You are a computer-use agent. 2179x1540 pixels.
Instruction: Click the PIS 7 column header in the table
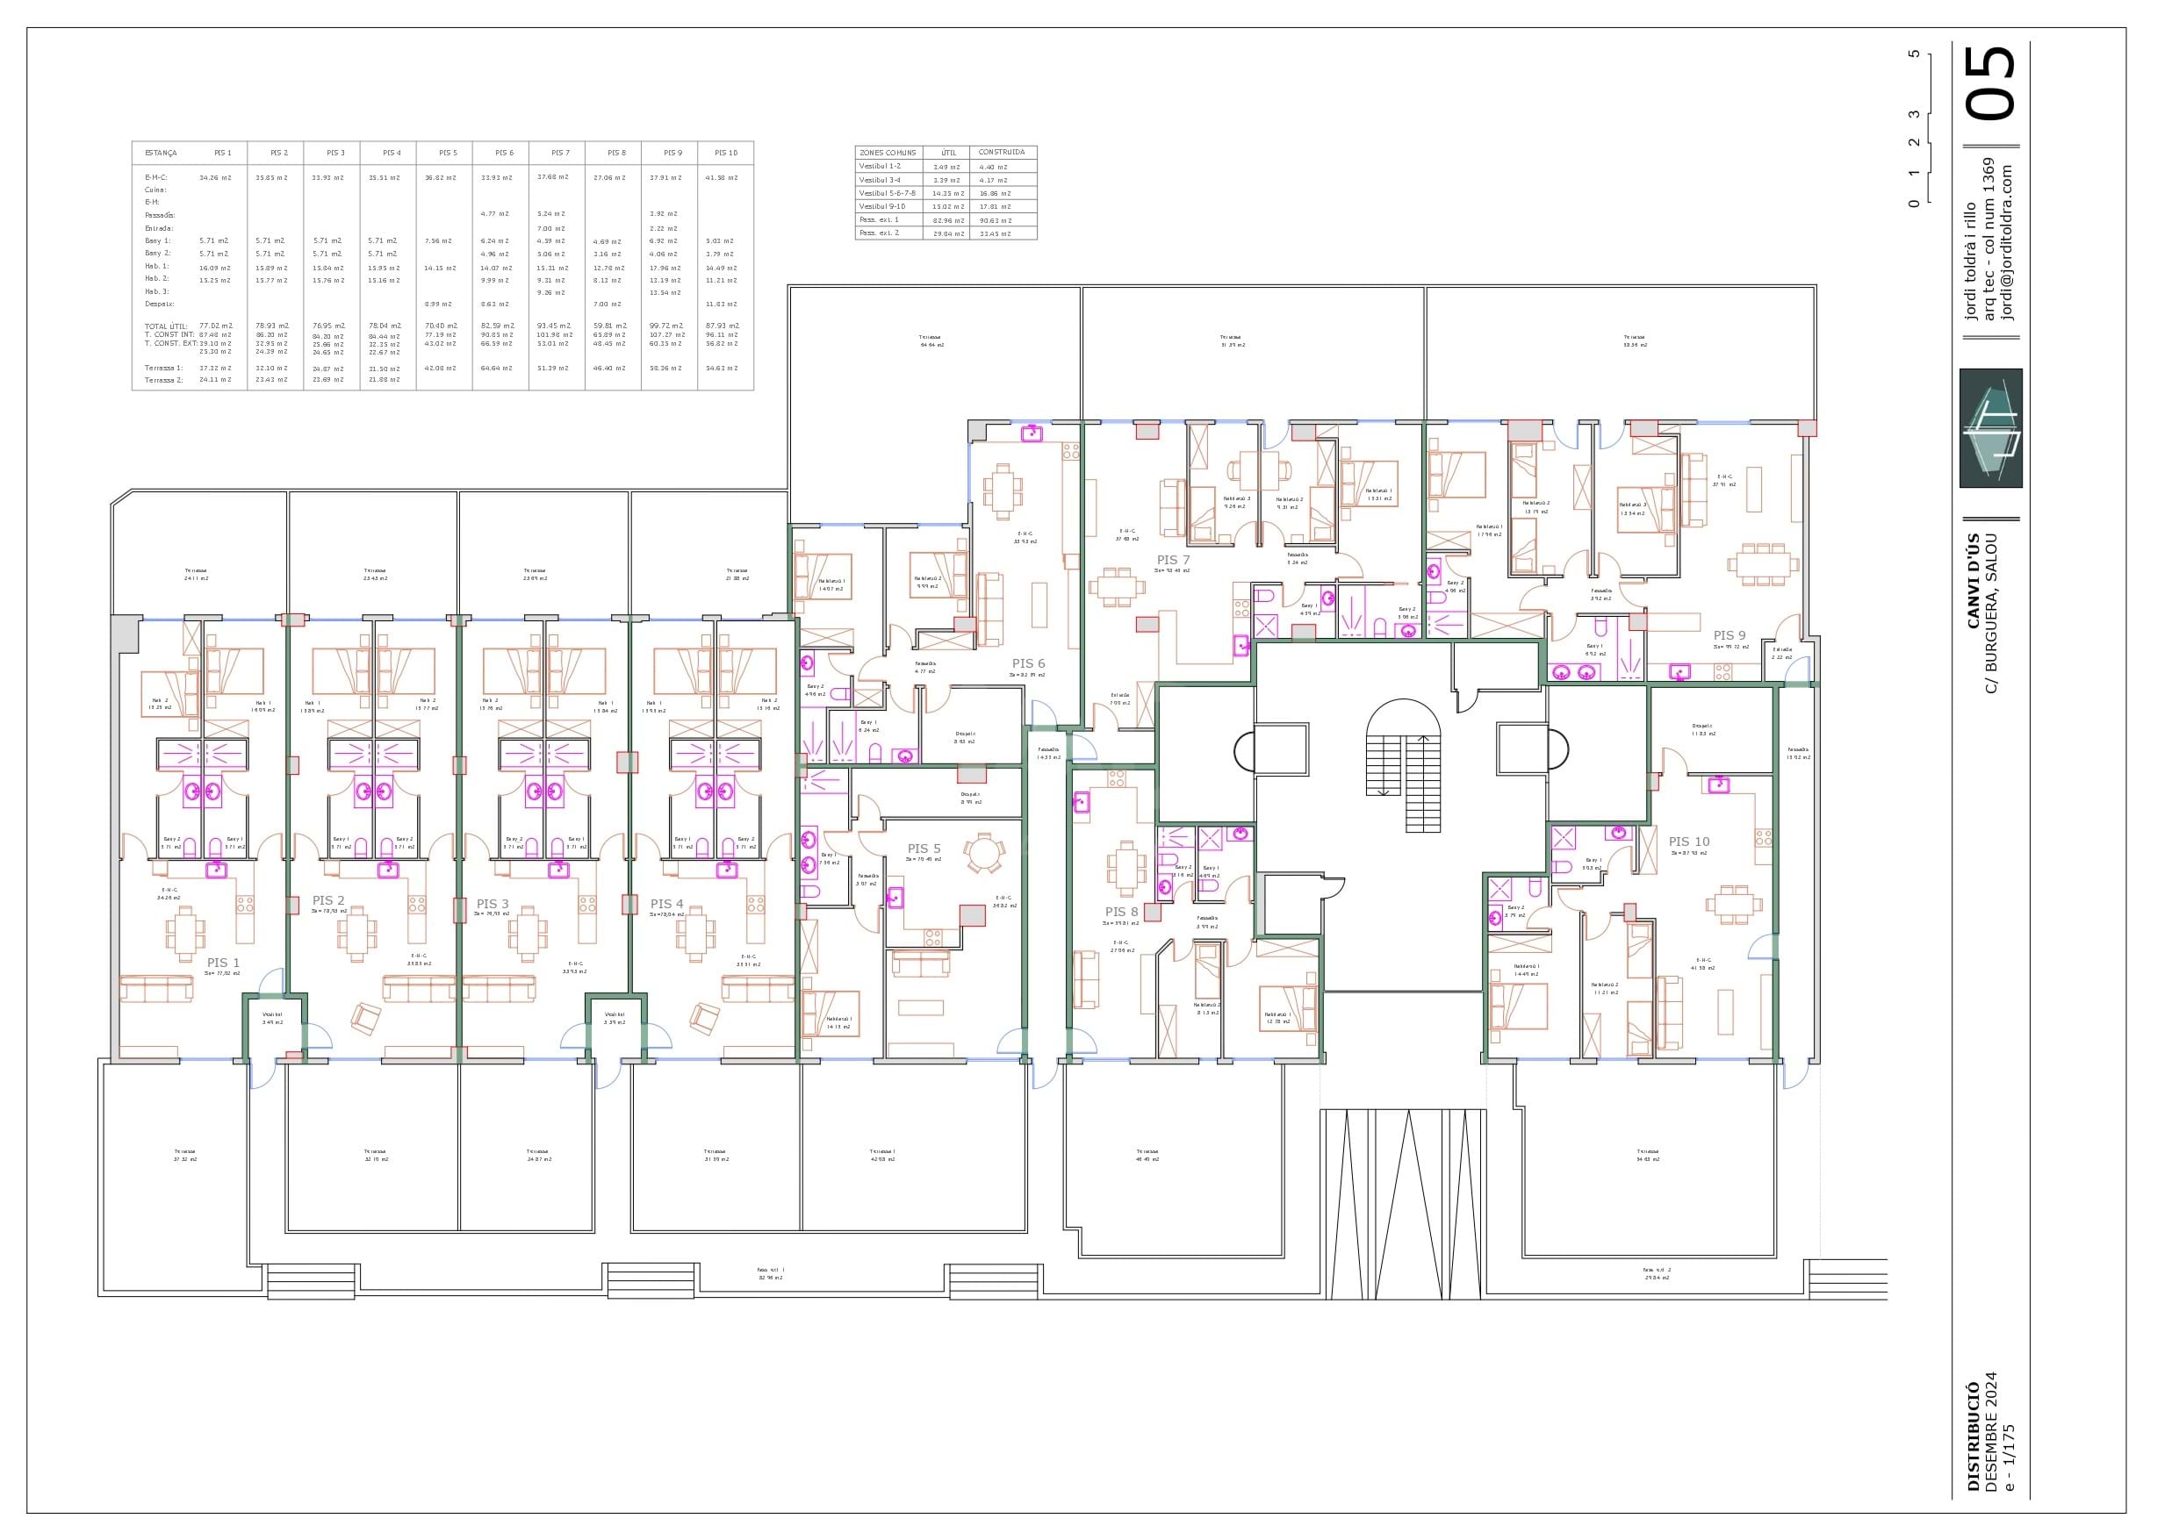point(560,153)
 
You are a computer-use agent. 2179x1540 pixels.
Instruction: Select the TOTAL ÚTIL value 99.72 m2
point(666,326)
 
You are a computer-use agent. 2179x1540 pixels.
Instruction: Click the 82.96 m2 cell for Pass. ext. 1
point(947,219)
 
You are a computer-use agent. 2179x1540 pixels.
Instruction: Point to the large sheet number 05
point(1991,85)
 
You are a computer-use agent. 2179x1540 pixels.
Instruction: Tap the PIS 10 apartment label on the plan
point(1689,842)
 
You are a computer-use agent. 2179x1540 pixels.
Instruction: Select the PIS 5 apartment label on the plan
point(924,849)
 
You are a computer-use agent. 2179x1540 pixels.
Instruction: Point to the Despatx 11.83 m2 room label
point(1702,730)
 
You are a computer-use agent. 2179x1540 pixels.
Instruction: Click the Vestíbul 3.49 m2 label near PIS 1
point(272,1018)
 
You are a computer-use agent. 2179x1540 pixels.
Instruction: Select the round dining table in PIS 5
point(983,852)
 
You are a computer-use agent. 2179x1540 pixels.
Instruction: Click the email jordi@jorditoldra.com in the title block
point(2005,243)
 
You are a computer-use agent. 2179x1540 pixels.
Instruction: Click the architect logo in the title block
point(1990,428)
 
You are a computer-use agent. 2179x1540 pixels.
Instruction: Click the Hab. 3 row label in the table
point(156,292)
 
